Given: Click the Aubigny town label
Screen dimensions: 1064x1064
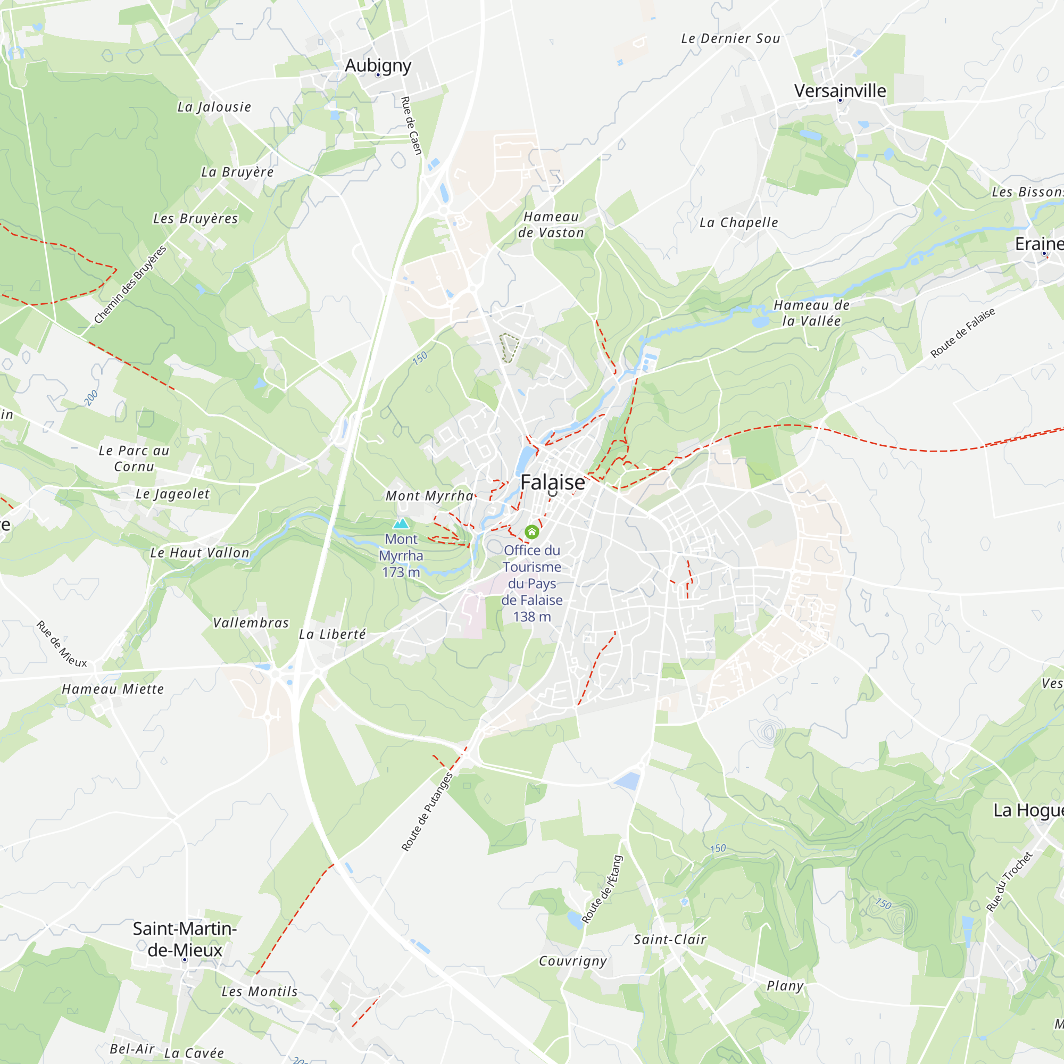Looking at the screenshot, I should [x=378, y=65].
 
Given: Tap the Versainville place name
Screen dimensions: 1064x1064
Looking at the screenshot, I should [x=840, y=91].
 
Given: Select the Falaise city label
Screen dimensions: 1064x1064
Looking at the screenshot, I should [x=552, y=483].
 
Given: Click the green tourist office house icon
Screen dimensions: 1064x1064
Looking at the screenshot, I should [x=531, y=532].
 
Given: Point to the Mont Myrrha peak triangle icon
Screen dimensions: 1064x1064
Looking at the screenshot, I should [x=401, y=523].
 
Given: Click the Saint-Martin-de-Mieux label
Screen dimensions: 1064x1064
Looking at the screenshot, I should [x=185, y=939].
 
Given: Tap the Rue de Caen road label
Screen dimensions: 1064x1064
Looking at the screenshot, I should [x=411, y=126].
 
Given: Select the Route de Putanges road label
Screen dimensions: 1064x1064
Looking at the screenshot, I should [x=427, y=812].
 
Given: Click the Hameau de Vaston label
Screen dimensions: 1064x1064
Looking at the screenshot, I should [x=551, y=225].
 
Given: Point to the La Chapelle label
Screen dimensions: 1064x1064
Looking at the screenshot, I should [x=738, y=222].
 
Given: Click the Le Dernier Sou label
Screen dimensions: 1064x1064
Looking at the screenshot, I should [x=730, y=38].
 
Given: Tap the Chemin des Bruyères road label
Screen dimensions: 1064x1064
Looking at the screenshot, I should [x=130, y=285].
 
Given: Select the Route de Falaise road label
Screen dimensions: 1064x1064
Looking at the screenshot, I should [x=963, y=332].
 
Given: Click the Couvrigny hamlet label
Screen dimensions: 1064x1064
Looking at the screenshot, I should [x=573, y=961].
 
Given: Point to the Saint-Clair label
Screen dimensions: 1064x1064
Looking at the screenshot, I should [x=670, y=940].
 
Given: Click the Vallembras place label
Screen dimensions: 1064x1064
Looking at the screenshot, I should [x=251, y=623].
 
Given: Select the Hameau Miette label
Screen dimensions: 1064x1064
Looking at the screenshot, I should [x=113, y=689].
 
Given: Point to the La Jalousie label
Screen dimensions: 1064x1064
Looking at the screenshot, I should [x=214, y=107].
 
